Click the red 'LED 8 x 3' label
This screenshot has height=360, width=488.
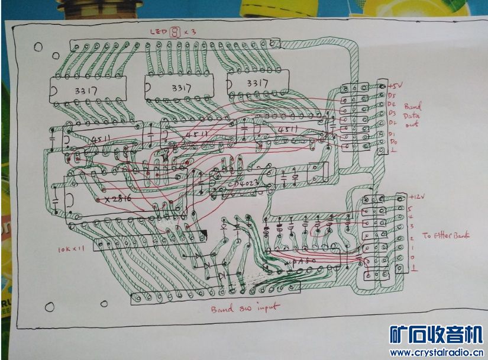tap(175, 32)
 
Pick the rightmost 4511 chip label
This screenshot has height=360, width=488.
tap(288, 129)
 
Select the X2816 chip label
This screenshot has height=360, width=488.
tap(118, 200)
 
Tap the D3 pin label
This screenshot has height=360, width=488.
tap(392, 113)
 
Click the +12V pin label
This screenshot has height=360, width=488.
tap(417, 197)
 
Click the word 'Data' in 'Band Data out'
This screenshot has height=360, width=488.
tap(412, 117)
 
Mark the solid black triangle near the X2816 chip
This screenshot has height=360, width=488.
tap(203, 234)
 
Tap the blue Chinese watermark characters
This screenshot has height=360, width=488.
tap(435, 335)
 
